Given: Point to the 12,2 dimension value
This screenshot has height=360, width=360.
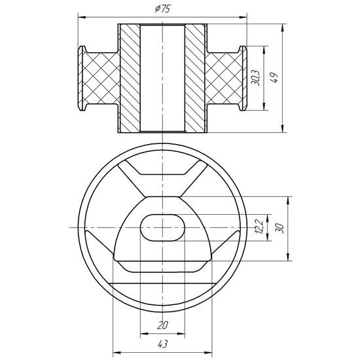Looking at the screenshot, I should (258, 227).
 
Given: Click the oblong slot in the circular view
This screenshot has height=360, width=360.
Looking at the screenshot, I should (162, 227).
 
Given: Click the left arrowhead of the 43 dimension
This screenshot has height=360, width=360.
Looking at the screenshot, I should (116, 349).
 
